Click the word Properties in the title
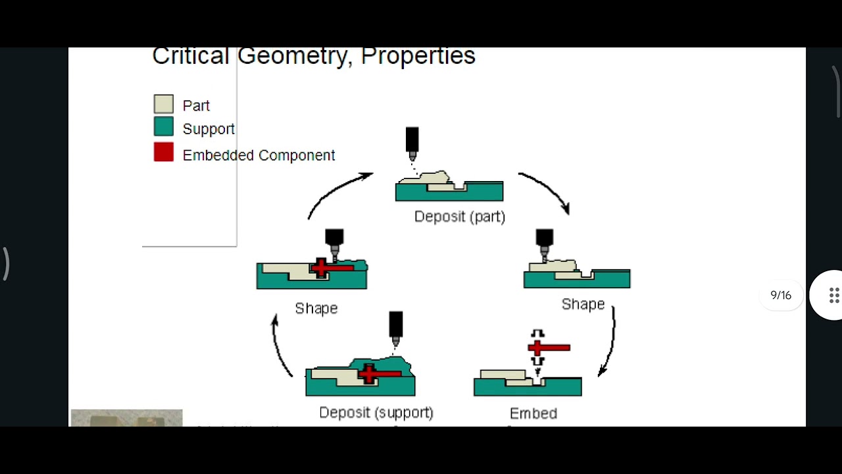pos(418,56)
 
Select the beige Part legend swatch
pos(164,104)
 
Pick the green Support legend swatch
pos(164,127)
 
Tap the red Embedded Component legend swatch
pos(164,153)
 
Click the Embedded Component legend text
pos(259,155)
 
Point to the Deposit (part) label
pos(459,217)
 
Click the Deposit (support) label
pos(376,413)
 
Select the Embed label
pos(533,413)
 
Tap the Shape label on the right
pos(583,304)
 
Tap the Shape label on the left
pos(316,308)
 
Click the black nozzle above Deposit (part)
pos(412,140)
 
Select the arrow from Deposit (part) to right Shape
pos(546,190)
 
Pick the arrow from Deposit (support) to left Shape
pos(281,346)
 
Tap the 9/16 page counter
pos(781,295)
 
